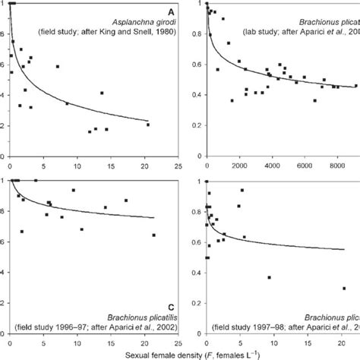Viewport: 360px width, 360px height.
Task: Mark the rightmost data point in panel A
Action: pyautogui.click(x=148, y=125)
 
